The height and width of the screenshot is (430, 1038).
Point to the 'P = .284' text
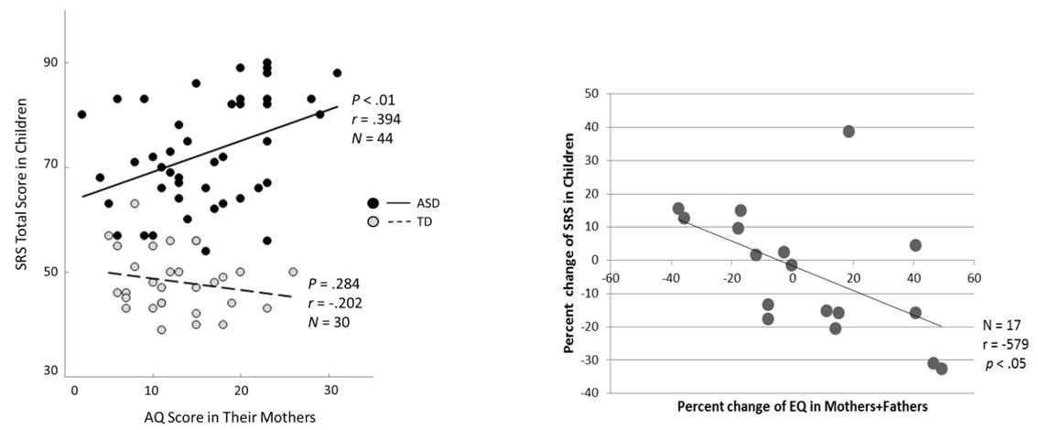click(334, 283)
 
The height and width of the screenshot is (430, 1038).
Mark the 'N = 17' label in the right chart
click(995, 325)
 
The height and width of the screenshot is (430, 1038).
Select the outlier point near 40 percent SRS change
click(849, 132)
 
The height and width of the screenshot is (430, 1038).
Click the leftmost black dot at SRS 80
click(81, 114)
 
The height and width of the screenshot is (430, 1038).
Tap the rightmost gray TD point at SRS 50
click(293, 272)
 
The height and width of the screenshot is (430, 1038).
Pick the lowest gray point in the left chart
click(161, 329)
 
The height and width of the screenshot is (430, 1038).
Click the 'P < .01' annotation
click(372, 100)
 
